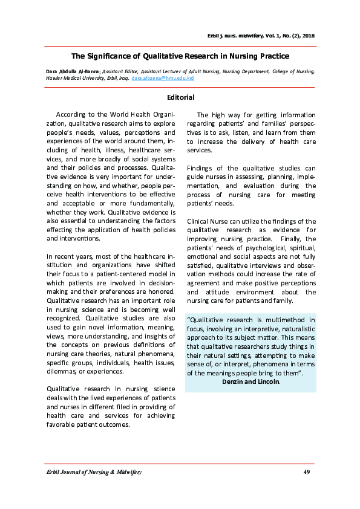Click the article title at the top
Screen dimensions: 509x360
click(x=180, y=56)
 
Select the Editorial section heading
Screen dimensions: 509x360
click(x=180, y=97)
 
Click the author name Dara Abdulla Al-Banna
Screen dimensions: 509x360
click(x=73, y=71)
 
